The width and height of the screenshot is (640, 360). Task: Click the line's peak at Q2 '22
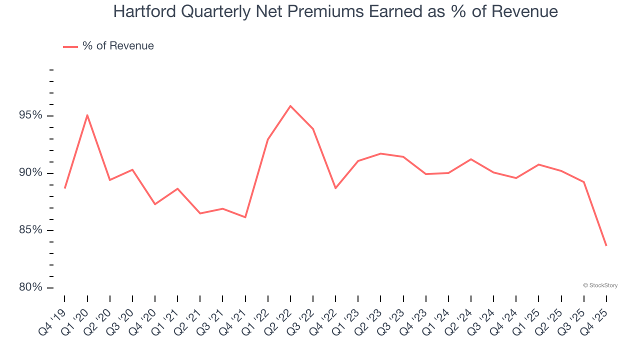pyautogui.click(x=290, y=106)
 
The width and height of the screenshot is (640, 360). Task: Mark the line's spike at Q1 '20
pyautogui.click(x=87, y=115)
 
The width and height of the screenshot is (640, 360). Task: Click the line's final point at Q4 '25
pyautogui.click(x=606, y=245)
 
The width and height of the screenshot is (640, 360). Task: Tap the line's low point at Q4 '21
pyautogui.click(x=245, y=217)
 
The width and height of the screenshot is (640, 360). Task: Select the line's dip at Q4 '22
pyautogui.click(x=335, y=188)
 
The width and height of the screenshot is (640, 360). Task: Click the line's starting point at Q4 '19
pyautogui.click(x=65, y=188)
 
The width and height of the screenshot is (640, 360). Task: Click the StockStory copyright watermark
pyautogui.click(x=600, y=285)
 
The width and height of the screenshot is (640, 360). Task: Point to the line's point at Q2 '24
pyautogui.click(x=471, y=159)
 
